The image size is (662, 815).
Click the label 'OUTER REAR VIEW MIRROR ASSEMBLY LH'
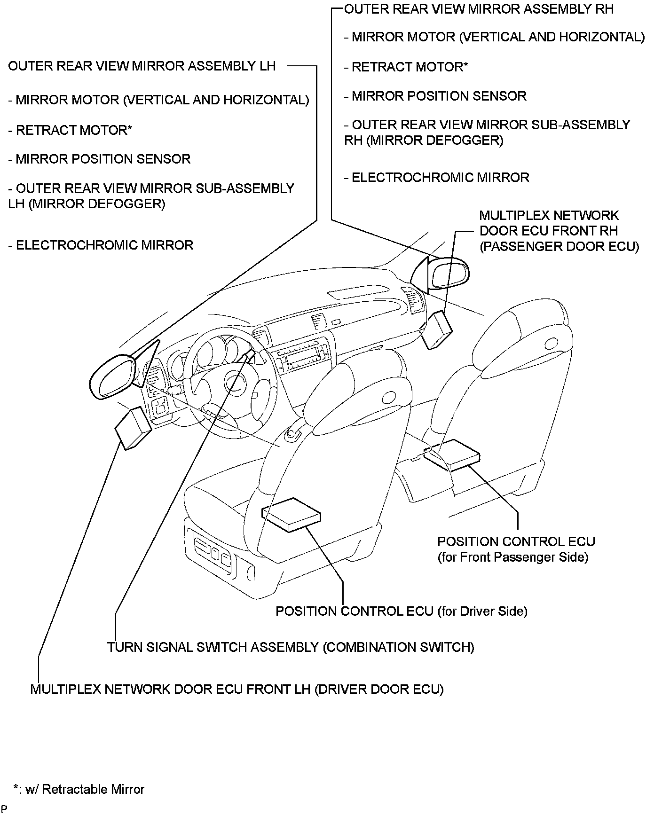tap(142, 66)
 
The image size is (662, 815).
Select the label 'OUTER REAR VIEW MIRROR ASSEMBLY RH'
tap(479, 9)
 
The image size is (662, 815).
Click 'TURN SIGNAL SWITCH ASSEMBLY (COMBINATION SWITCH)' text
tap(291, 647)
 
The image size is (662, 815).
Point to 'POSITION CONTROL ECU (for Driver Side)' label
tap(401, 611)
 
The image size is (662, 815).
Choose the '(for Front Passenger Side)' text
tap(512, 557)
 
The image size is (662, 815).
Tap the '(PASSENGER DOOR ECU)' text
tap(559, 246)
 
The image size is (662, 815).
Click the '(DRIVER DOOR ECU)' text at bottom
tap(379, 689)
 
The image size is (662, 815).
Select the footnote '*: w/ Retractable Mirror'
tap(79, 789)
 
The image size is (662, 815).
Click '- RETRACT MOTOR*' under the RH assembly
tap(406, 67)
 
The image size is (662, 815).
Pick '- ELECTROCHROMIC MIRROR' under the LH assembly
tap(101, 245)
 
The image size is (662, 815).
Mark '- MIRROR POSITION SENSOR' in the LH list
tap(99, 159)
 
